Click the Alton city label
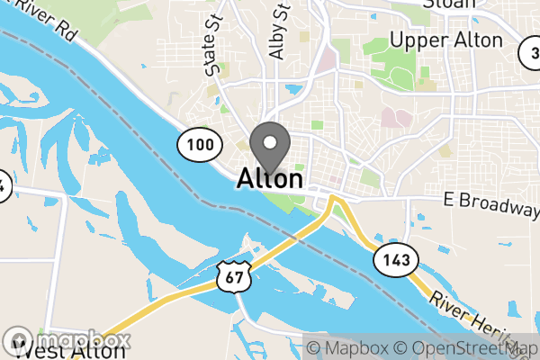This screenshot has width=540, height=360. (270, 178)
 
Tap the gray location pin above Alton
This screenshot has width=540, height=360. (270, 144)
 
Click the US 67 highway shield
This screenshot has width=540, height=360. (232, 277)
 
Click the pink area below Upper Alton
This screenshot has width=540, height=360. (394, 118)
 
